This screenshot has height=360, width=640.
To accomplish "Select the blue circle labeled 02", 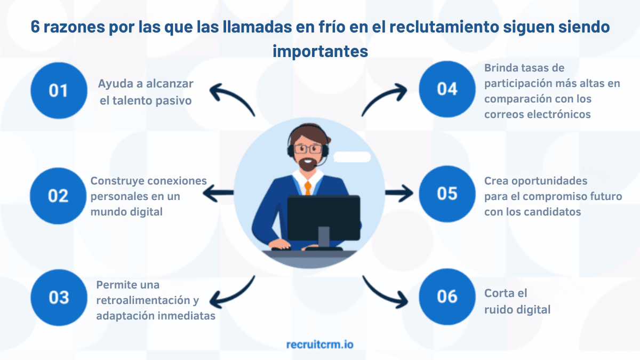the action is pyautogui.click(x=58, y=195).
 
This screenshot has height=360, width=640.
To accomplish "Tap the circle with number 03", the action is pyautogui.click(x=58, y=297).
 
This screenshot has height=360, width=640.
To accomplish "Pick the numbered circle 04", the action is pyautogui.click(x=447, y=89).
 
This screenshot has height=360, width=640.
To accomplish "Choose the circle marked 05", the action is pyautogui.click(x=447, y=193).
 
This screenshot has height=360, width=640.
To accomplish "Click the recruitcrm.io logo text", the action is pyautogui.click(x=319, y=344).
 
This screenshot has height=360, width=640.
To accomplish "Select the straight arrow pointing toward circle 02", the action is pyautogui.click(x=218, y=193).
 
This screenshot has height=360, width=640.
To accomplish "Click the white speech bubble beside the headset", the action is pyautogui.click(x=351, y=157).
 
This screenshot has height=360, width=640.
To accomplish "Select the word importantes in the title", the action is pyautogui.click(x=320, y=51).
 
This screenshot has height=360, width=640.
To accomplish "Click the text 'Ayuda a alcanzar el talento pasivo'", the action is pyautogui.click(x=145, y=92).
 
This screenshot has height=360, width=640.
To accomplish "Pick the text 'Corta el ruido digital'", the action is pyautogui.click(x=517, y=301).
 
